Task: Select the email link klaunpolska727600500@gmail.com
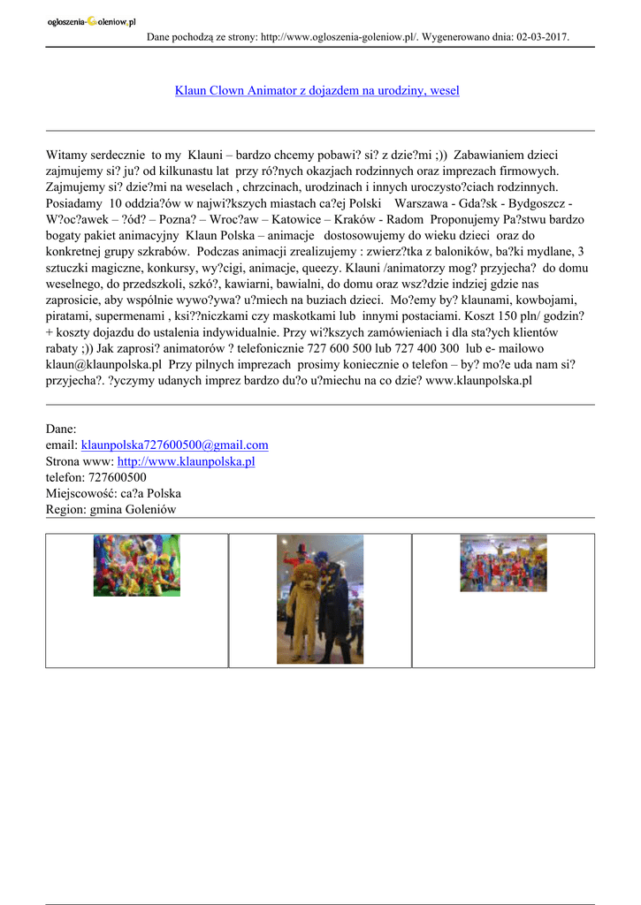pos(174,445)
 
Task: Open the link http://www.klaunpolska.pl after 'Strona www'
pos(186,461)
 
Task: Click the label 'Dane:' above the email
pos(61,429)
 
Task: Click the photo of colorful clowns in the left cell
pos(136,565)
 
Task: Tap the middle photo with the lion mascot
pos(320,598)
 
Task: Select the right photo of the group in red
pos(503,562)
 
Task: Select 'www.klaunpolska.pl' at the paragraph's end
pos(478,380)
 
